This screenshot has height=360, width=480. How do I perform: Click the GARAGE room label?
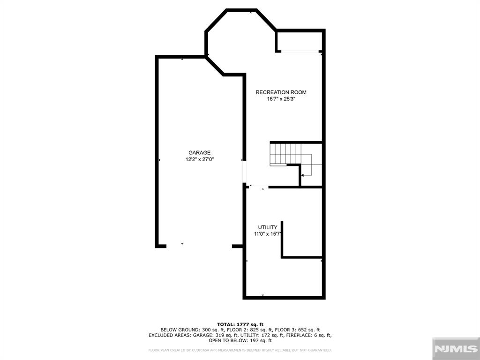click(x=199, y=152)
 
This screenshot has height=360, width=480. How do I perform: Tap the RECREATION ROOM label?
click(x=281, y=92)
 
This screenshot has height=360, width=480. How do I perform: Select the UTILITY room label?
click(x=268, y=227)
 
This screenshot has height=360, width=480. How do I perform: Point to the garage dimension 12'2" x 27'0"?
click(x=199, y=159)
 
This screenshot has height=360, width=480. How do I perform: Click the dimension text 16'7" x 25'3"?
click(x=281, y=99)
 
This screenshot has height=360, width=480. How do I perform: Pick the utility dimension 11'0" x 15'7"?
click(x=268, y=234)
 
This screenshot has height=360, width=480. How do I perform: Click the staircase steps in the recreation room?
click(x=285, y=155)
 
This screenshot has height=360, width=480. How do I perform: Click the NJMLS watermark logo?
click(x=456, y=349)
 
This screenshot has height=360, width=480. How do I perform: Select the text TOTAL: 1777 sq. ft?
click(x=240, y=324)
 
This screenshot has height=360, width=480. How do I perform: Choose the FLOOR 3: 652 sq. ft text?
click(x=297, y=330)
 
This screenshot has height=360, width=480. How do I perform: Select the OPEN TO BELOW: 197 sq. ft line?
click(x=240, y=340)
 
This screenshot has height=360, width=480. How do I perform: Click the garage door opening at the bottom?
click(x=199, y=246)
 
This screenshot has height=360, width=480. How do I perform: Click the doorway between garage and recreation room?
click(x=244, y=172)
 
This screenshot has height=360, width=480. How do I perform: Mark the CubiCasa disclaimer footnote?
click(x=240, y=350)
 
